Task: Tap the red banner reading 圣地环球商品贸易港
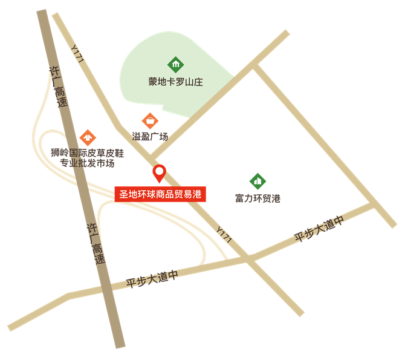tap(161, 194)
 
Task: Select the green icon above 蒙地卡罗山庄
tap(175, 64)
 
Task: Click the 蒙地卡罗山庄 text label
tap(175, 82)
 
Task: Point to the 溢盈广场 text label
tap(150, 137)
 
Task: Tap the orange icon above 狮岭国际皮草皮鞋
tap(88, 137)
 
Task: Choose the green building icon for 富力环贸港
tap(258, 180)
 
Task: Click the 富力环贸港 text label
tap(258, 198)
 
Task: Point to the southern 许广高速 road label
tap(96, 243)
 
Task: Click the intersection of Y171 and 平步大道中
tap(249, 258)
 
